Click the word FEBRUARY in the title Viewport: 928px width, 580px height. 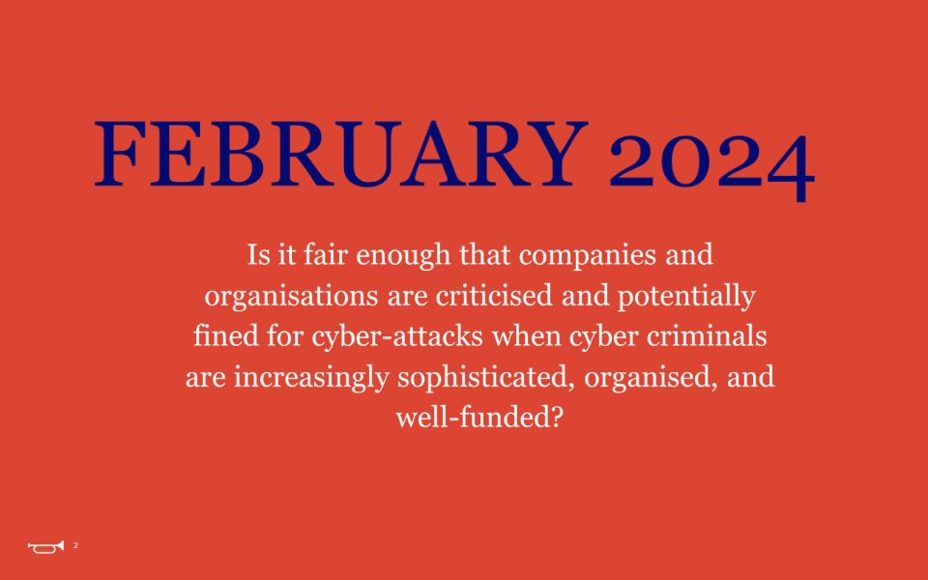341,154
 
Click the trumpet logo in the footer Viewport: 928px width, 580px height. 45,547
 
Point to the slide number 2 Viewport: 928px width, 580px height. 75,545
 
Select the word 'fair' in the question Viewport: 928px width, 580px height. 325,254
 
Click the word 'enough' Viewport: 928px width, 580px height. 403,256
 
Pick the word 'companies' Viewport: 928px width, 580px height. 588,256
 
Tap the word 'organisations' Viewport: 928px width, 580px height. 291,297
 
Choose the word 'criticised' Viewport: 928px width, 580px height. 494,296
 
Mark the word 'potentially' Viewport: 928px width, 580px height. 686,297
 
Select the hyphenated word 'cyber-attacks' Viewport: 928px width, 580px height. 397,337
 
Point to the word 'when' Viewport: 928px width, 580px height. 526,335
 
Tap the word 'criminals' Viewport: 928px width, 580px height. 707,335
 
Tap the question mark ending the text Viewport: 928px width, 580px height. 556,417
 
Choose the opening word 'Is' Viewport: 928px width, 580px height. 258,255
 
